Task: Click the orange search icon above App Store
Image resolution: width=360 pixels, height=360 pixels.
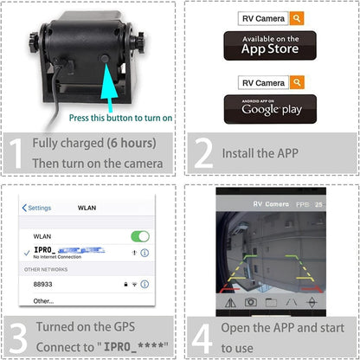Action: pyautogui.click(x=297, y=17)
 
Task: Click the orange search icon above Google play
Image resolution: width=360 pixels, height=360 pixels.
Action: pyautogui.click(x=297, y=83)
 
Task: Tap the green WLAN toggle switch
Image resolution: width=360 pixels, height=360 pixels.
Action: pyautogui.click(x=139, y=236)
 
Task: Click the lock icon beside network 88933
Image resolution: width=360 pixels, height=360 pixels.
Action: pyautogui.click(x=125, y=283)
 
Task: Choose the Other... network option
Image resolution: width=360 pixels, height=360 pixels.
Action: pyautogui.click(x=43, y=301)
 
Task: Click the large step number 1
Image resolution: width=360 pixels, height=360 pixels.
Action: pyautogui.click(x=15, y=152)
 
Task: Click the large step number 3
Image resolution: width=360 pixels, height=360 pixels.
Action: pyautogui.click(x=15, y=335)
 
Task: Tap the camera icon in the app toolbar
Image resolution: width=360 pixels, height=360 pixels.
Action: pyautogui.click(x=250, y=302)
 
